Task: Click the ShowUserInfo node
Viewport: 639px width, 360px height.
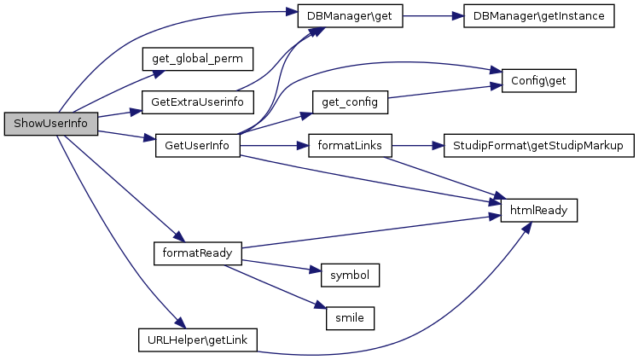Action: click(51, 124)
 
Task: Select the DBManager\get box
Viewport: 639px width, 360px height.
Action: click(349, 17)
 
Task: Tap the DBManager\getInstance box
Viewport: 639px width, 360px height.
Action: click(538, 17)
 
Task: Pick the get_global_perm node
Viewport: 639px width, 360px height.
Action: click(198, 59)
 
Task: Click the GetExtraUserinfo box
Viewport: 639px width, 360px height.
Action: click(198, 102)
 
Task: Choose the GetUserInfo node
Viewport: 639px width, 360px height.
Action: click(197, 145)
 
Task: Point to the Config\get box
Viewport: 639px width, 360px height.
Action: click(538, 81)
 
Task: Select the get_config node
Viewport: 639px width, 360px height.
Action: click(350, 102)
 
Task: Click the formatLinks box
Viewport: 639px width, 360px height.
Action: click(350, 145)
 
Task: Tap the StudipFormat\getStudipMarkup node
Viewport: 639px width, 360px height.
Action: click(538, 145)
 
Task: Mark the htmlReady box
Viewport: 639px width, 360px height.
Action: click(538, 209)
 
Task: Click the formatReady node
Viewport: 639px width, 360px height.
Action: click(197, 253)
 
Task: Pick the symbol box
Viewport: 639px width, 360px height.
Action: click(350, 275)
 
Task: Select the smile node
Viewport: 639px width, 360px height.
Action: click(350, 317)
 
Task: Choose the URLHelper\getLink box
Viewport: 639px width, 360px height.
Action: click(198, 339)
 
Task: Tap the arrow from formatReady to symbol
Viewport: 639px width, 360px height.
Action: click(282, 265)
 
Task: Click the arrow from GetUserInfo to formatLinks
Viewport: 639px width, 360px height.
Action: click(273, 145)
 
